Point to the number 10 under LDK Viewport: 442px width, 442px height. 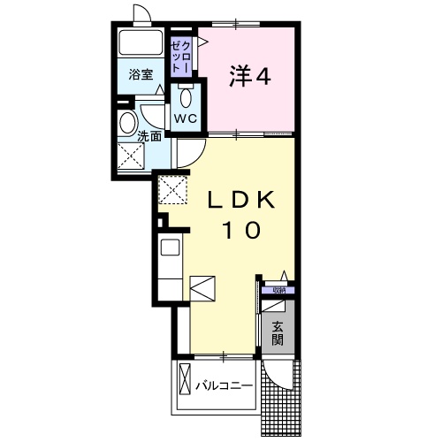(x=240, y=231)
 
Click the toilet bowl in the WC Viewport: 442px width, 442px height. (x=185, y=95)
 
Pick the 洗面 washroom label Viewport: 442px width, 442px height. (x=149, y=136)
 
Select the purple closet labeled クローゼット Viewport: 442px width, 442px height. (x=181, y=53)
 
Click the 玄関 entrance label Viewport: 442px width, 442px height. (x=278, y=331)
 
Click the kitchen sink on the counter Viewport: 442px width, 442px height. (x=168, y=247)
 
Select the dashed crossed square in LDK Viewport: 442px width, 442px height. (x=171, y=187)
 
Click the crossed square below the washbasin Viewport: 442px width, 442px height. (x=132, y=156)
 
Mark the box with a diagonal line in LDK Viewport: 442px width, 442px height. (x=202, y=286)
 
